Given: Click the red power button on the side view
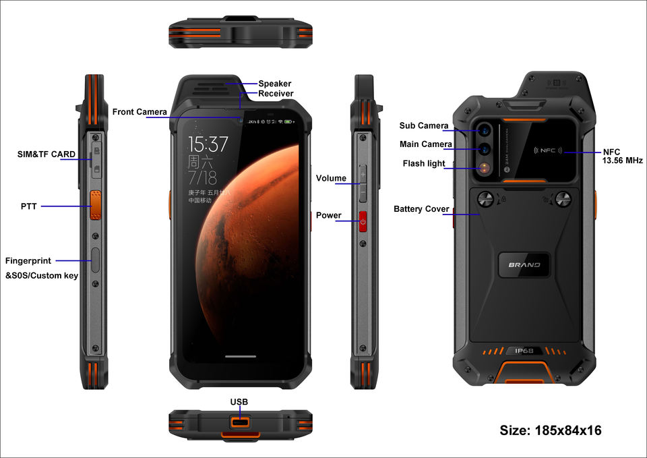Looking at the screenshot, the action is coord(363,221).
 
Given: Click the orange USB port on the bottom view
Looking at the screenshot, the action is coord(240,422).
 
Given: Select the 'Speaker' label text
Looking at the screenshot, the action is coord(275,84).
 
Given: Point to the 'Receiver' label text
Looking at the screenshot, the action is coord(276,94).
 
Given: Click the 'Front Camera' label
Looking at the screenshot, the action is coord(140,112).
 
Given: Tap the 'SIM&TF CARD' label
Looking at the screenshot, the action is coord(47,154).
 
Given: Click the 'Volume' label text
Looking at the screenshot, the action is coord(331,179).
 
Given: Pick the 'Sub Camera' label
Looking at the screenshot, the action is coord(423,126).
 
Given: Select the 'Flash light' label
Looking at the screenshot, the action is coord(424,164).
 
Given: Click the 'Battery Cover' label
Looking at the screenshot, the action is coord(421,209).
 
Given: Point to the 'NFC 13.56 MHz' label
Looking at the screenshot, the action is coord(622,156).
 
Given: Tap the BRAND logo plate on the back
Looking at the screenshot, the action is coord(524,264).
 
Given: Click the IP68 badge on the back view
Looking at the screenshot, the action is coord(524,351).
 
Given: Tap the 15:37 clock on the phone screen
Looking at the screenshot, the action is coord(208,144).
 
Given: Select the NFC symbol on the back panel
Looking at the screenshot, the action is coord(547,151).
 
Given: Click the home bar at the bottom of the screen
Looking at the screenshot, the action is coord(241,357).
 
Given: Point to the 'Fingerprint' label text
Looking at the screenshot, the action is coord(28,260).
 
